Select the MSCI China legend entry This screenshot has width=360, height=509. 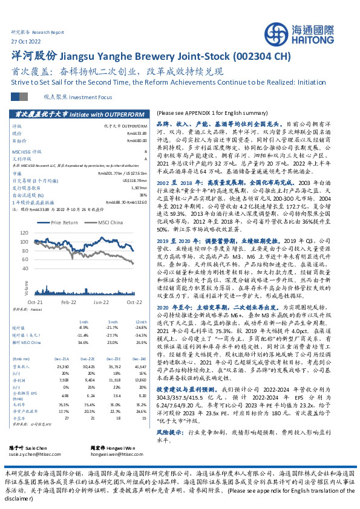coord(109,222)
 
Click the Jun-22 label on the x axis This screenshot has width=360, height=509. coord(100,301)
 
